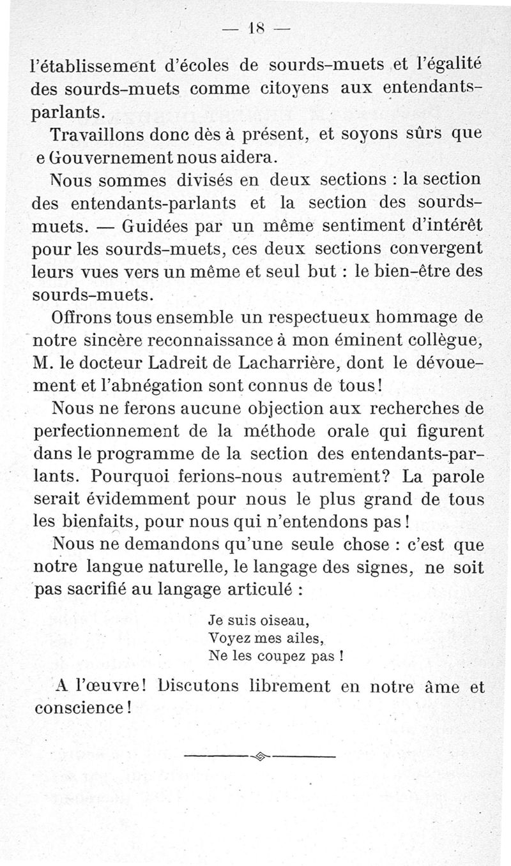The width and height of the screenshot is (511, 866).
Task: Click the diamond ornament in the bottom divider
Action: [x=259, y=757]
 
